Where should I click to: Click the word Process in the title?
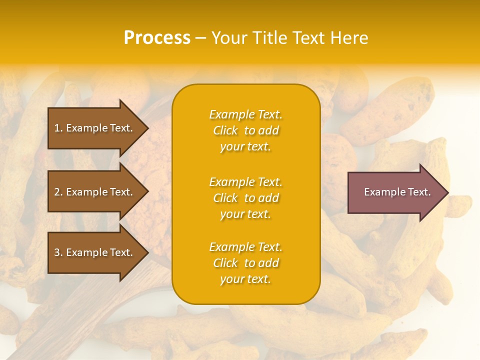point(157,38)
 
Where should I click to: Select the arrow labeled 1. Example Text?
point(93,128)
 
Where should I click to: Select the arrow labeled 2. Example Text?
point(93,192)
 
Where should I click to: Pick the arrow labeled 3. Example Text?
point(93,252)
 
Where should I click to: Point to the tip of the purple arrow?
point(447,192)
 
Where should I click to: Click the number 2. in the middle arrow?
point(58,192)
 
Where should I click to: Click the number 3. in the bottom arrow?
point(58,252)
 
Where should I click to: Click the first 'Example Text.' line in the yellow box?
point(245,114)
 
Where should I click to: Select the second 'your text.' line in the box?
point(245,214)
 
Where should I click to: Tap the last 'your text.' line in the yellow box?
point(245,279)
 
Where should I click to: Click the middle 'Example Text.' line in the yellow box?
point(245,182)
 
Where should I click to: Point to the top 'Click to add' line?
point(245,130)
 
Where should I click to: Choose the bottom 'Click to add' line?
point(245,263)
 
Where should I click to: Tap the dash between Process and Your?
point(200,38)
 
